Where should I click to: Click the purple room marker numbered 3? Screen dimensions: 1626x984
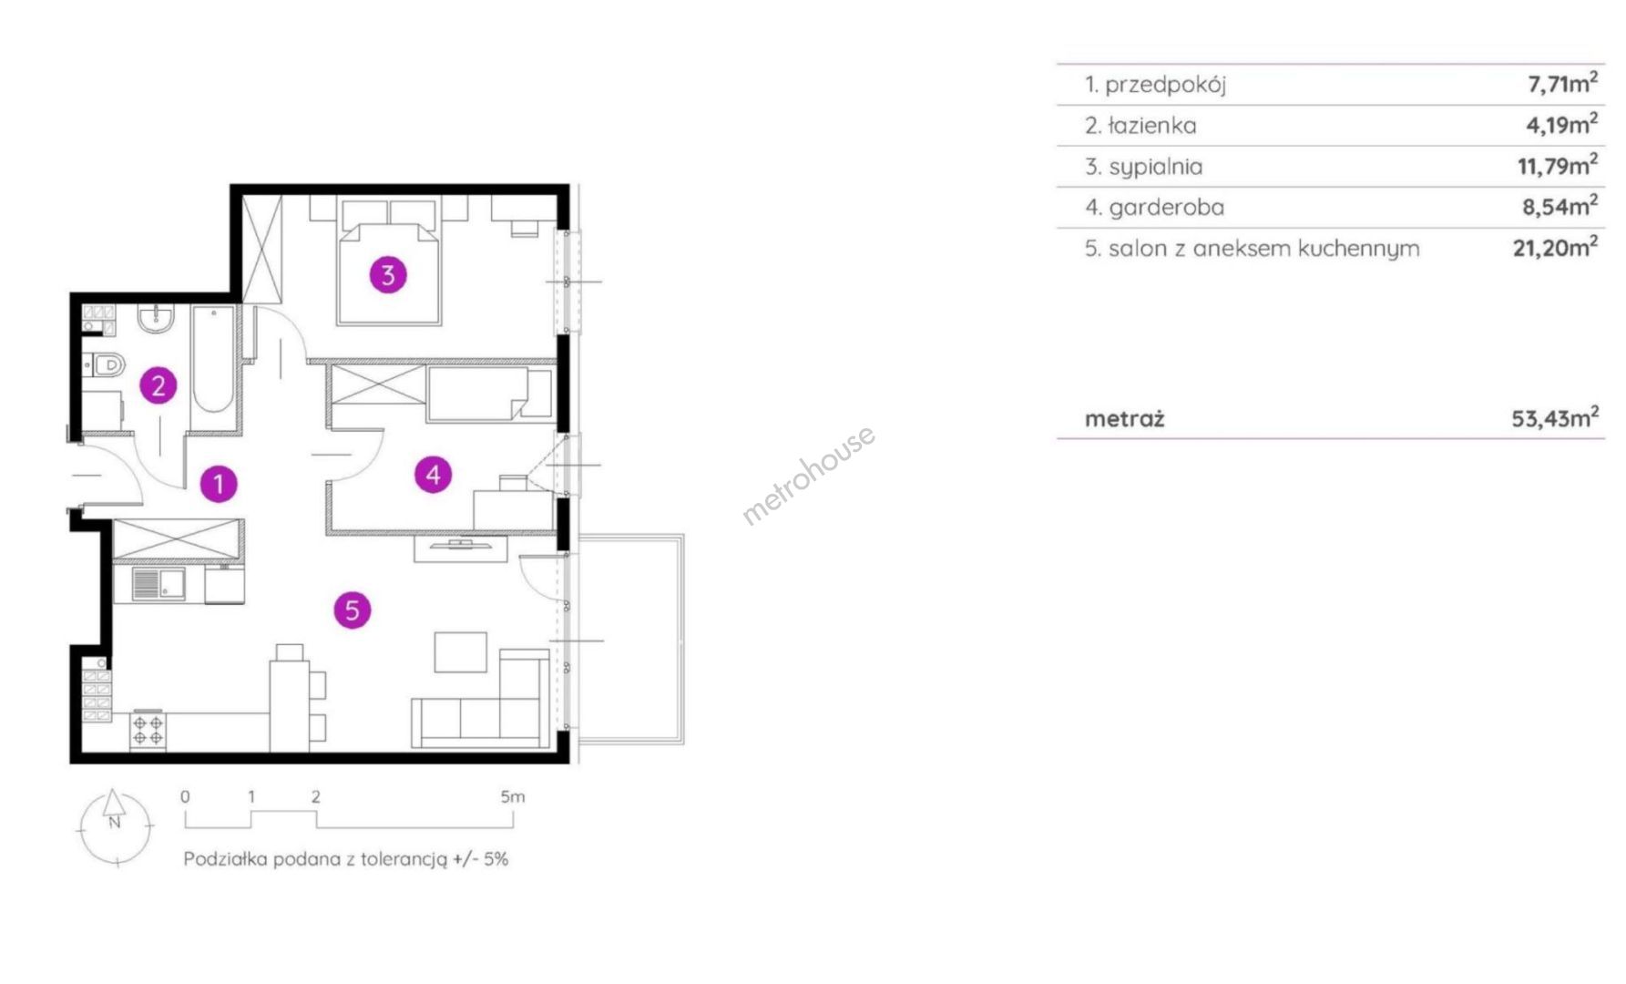point(388,274)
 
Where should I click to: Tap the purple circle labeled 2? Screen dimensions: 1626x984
point(159,385)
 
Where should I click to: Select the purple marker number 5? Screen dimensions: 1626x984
point(353,610)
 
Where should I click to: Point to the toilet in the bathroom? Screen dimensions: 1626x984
point(105,365)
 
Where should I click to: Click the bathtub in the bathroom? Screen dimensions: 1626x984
point(214,359)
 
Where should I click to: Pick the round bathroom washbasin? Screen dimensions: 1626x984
point(157,319)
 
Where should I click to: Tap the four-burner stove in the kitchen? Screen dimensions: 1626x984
point(148,730)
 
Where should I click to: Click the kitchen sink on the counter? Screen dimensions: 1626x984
point(158,583)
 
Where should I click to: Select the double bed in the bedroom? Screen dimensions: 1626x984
point(389,260)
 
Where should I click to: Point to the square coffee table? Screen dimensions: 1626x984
point(460,652)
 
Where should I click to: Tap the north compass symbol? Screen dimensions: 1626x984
point(115,826)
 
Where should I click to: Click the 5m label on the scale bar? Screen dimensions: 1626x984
point(513,796)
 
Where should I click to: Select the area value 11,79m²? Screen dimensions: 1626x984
point(1557,165)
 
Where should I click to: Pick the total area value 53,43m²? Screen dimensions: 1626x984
point(1555,418)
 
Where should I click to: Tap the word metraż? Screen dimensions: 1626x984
point(1125,419)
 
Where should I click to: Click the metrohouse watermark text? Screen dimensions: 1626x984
point(809,475)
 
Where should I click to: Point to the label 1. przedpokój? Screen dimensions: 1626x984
point(1155,85)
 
